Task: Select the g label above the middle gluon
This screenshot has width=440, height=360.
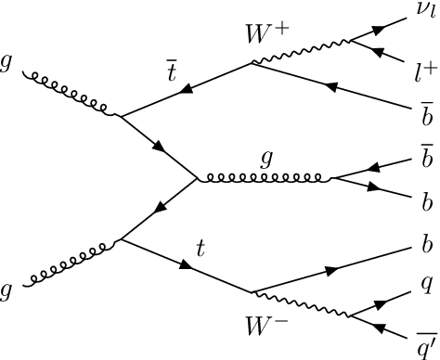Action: [266, 161]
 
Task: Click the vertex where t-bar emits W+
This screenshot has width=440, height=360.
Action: [252, 64]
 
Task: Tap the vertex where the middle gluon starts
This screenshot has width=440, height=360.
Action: [198, 180]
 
